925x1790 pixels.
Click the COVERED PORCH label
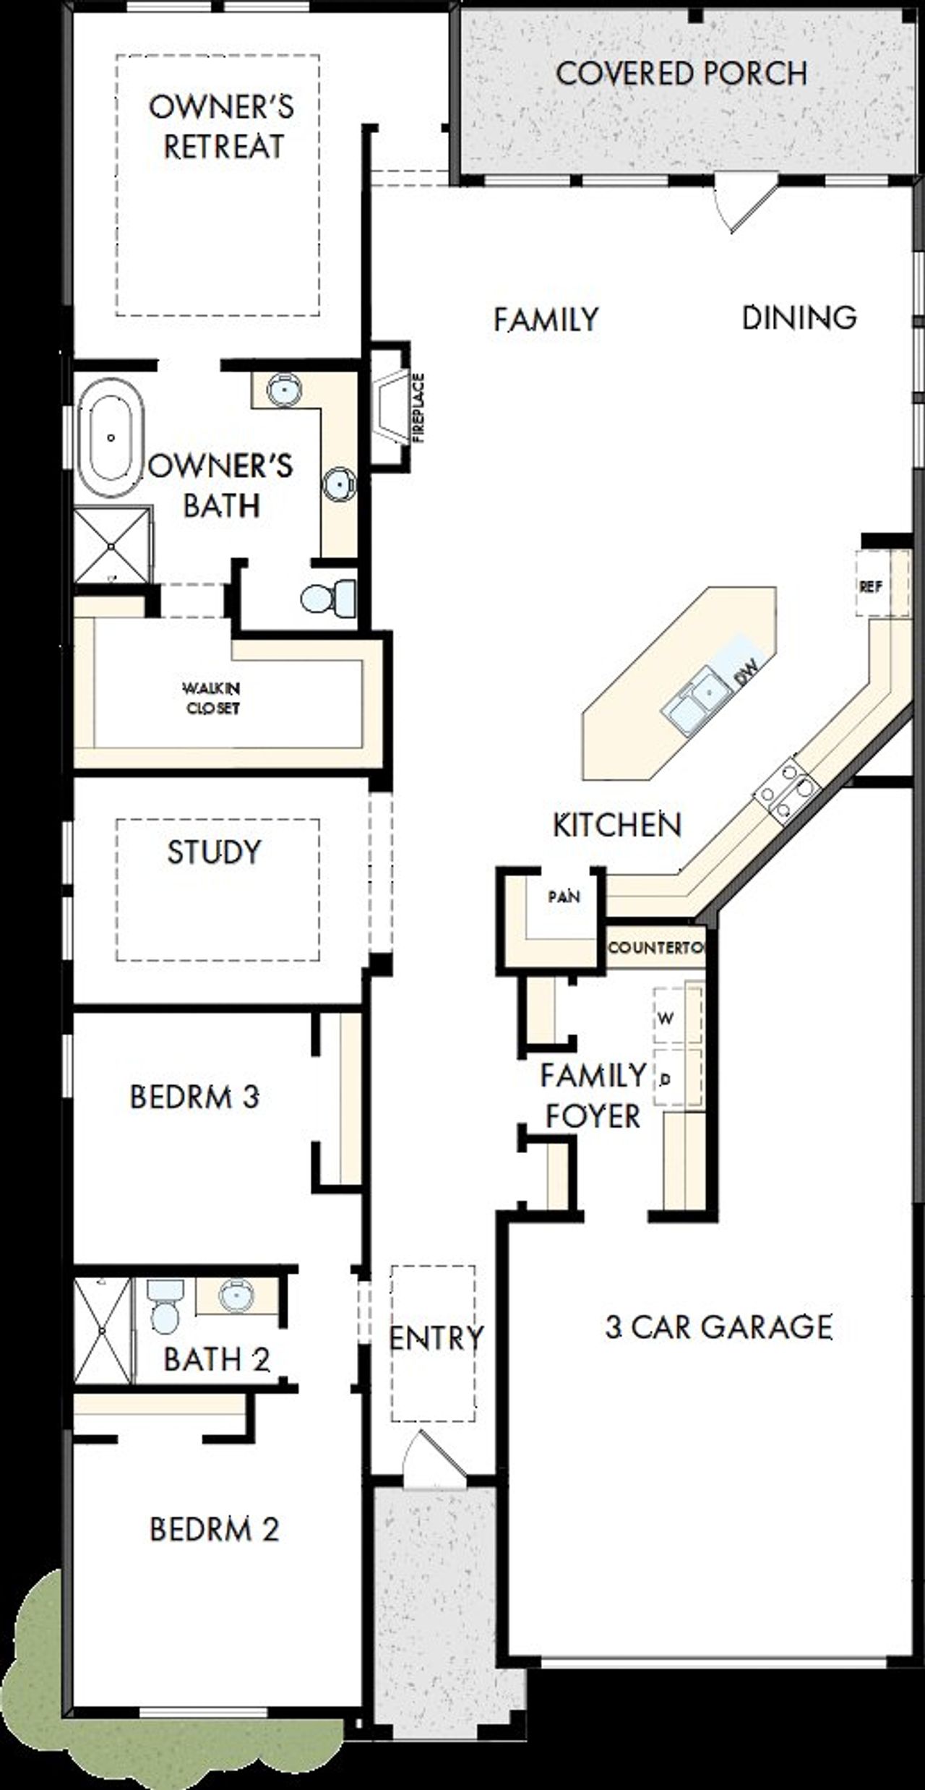[x=681, y=74]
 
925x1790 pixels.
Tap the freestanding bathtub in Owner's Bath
[x=111, y=437]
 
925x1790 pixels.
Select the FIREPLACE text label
[x=419, y=408]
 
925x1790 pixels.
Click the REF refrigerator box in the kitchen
[x=872, y=586]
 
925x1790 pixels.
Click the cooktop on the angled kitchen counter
[x=786, y=790]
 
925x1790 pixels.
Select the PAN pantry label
[x=564, y=897]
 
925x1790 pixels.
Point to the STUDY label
[x=214, y=852]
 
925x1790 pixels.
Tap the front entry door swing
[x=432, y=1463]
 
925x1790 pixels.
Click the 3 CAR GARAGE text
[x=718, y=1327]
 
